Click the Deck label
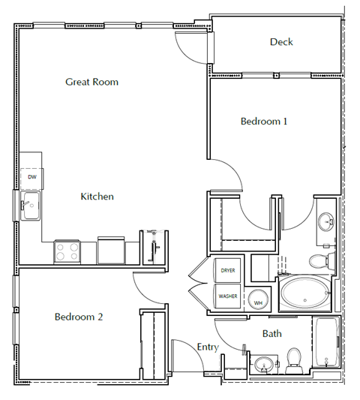[281, 42]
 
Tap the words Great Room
[91, 82]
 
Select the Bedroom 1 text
[264, 121]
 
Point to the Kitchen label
[97, 197]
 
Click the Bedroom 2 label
[79, 317]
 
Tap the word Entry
[207, 347]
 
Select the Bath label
[271, 333]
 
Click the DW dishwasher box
[31, 177]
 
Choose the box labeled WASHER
[228, 296]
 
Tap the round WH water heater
[258, 299]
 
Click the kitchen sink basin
[30, 205]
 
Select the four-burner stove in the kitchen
[67, 251]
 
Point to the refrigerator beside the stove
[112, 250]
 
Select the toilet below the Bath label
[293, 359]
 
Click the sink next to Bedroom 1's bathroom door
[326, 223]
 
